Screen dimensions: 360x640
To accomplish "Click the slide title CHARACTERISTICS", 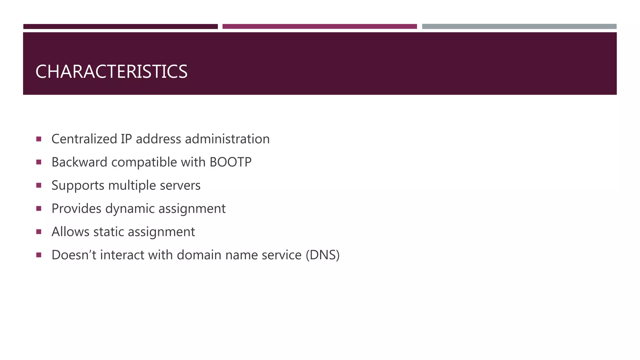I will click(111, 72).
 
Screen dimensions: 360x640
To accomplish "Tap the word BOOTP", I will click(230, 162).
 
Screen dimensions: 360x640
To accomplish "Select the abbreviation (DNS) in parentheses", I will click(322, 255).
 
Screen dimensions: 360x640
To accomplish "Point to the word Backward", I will click(79, 162).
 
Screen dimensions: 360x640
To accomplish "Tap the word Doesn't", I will click(74, 255).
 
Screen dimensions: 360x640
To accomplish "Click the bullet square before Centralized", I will click(39, 139).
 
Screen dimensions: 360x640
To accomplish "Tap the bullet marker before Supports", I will click(39, 185).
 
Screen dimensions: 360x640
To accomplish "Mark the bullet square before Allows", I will click(39, 232).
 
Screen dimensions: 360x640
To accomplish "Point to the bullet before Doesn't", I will click(39, 255).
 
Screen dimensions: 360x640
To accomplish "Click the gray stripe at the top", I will click(519, 27).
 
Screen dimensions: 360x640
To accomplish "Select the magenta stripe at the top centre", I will click(319, 27).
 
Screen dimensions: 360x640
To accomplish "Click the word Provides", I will click(76, 209).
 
